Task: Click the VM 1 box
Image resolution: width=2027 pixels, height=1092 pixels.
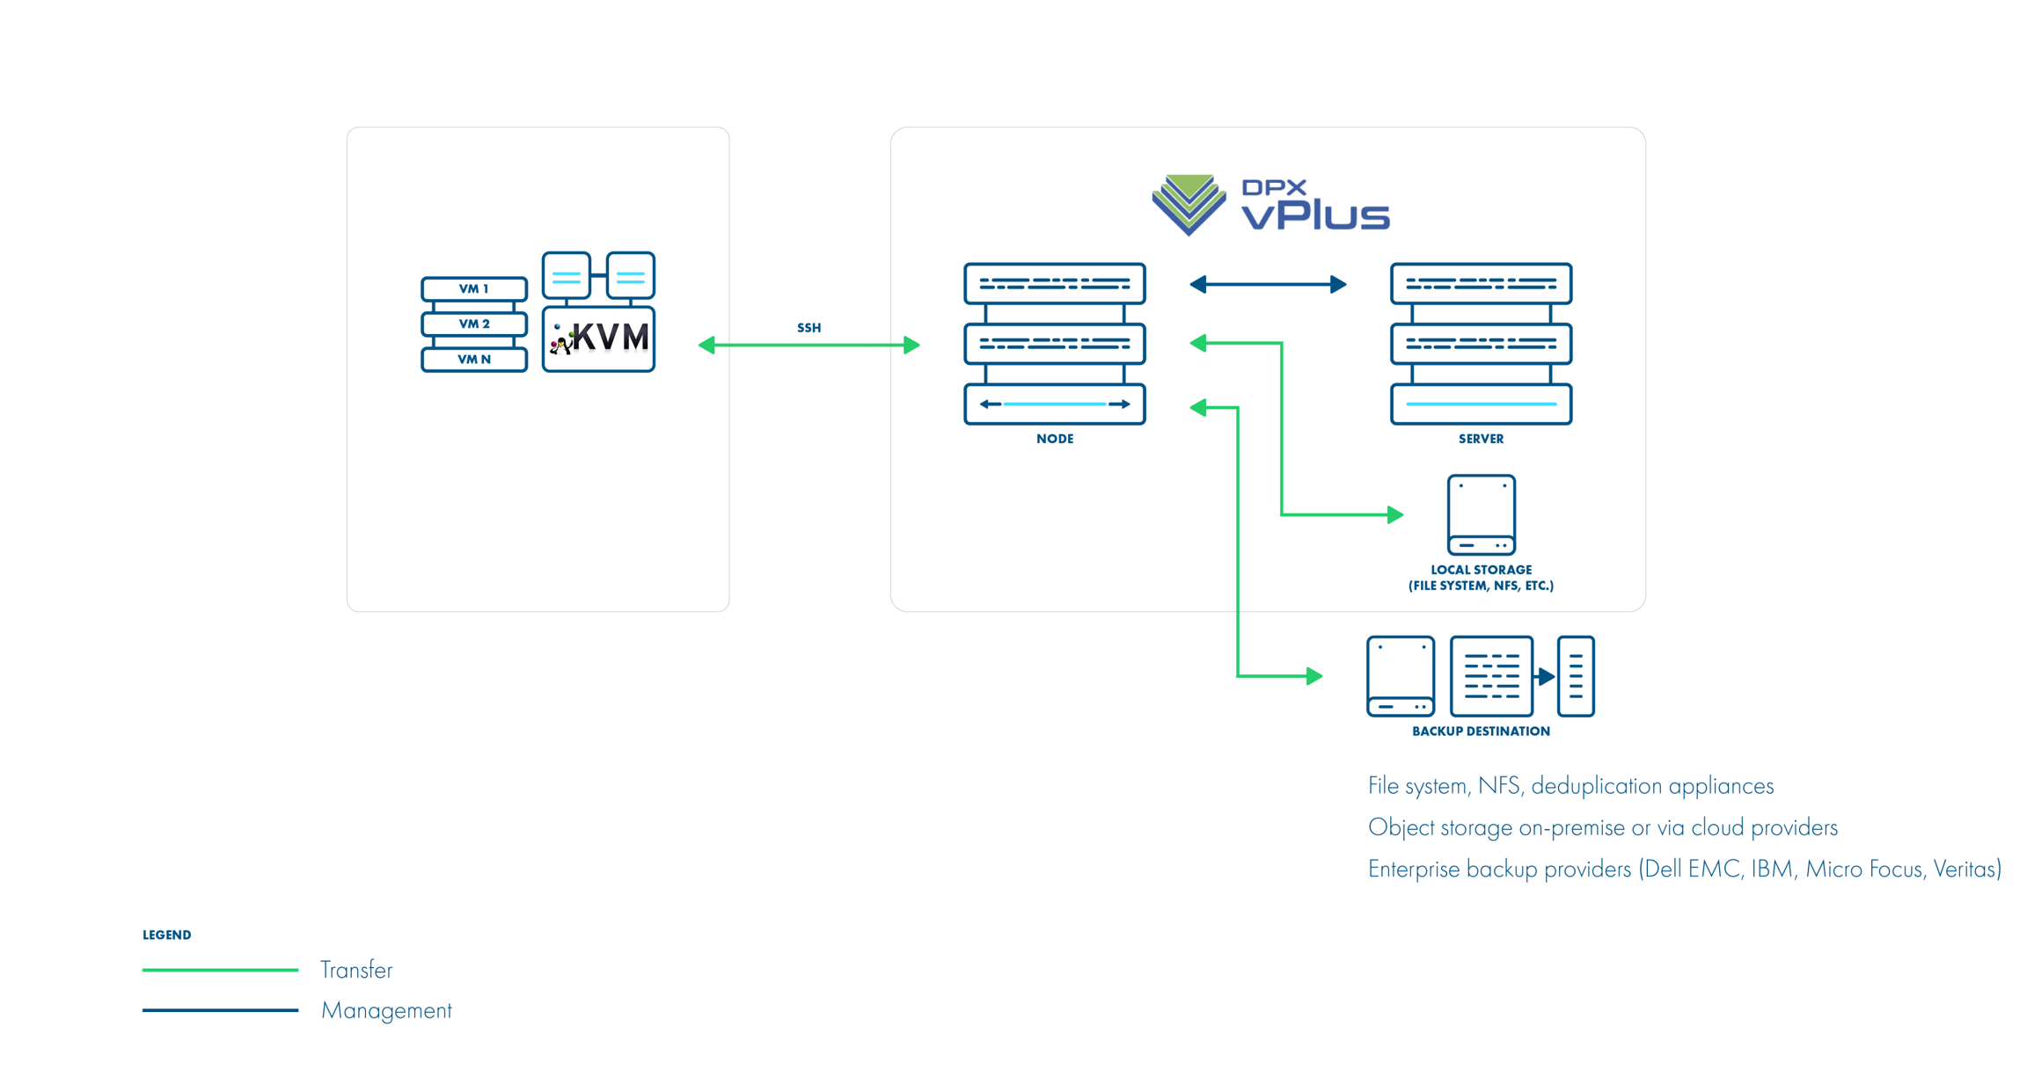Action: (473, 288)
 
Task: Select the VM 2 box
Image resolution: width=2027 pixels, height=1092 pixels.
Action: (473, 324)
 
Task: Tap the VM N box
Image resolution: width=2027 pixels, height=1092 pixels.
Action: (473, 359)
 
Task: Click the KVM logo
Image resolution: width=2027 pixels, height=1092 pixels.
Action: (599, 339)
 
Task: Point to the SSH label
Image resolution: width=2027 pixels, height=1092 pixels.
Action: (809, 328)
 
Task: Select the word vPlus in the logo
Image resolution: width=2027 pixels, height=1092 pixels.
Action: (1315, 215)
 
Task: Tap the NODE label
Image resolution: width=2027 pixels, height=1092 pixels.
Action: (1054, 439)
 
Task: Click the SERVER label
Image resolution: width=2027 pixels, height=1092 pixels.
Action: (1481, 439)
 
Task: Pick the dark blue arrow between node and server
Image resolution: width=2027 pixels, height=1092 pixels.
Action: (1267, 284)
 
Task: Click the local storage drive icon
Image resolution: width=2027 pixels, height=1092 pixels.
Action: (1481, 514)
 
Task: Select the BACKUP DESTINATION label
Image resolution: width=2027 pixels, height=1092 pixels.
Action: (1481, 731)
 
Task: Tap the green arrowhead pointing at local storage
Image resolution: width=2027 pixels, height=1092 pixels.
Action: (1394, 514)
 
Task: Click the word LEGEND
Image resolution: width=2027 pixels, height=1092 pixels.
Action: (166, 935)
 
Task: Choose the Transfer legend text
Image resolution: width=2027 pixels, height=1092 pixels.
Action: (356, 970)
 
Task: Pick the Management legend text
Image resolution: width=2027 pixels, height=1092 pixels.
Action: (386, 1010)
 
